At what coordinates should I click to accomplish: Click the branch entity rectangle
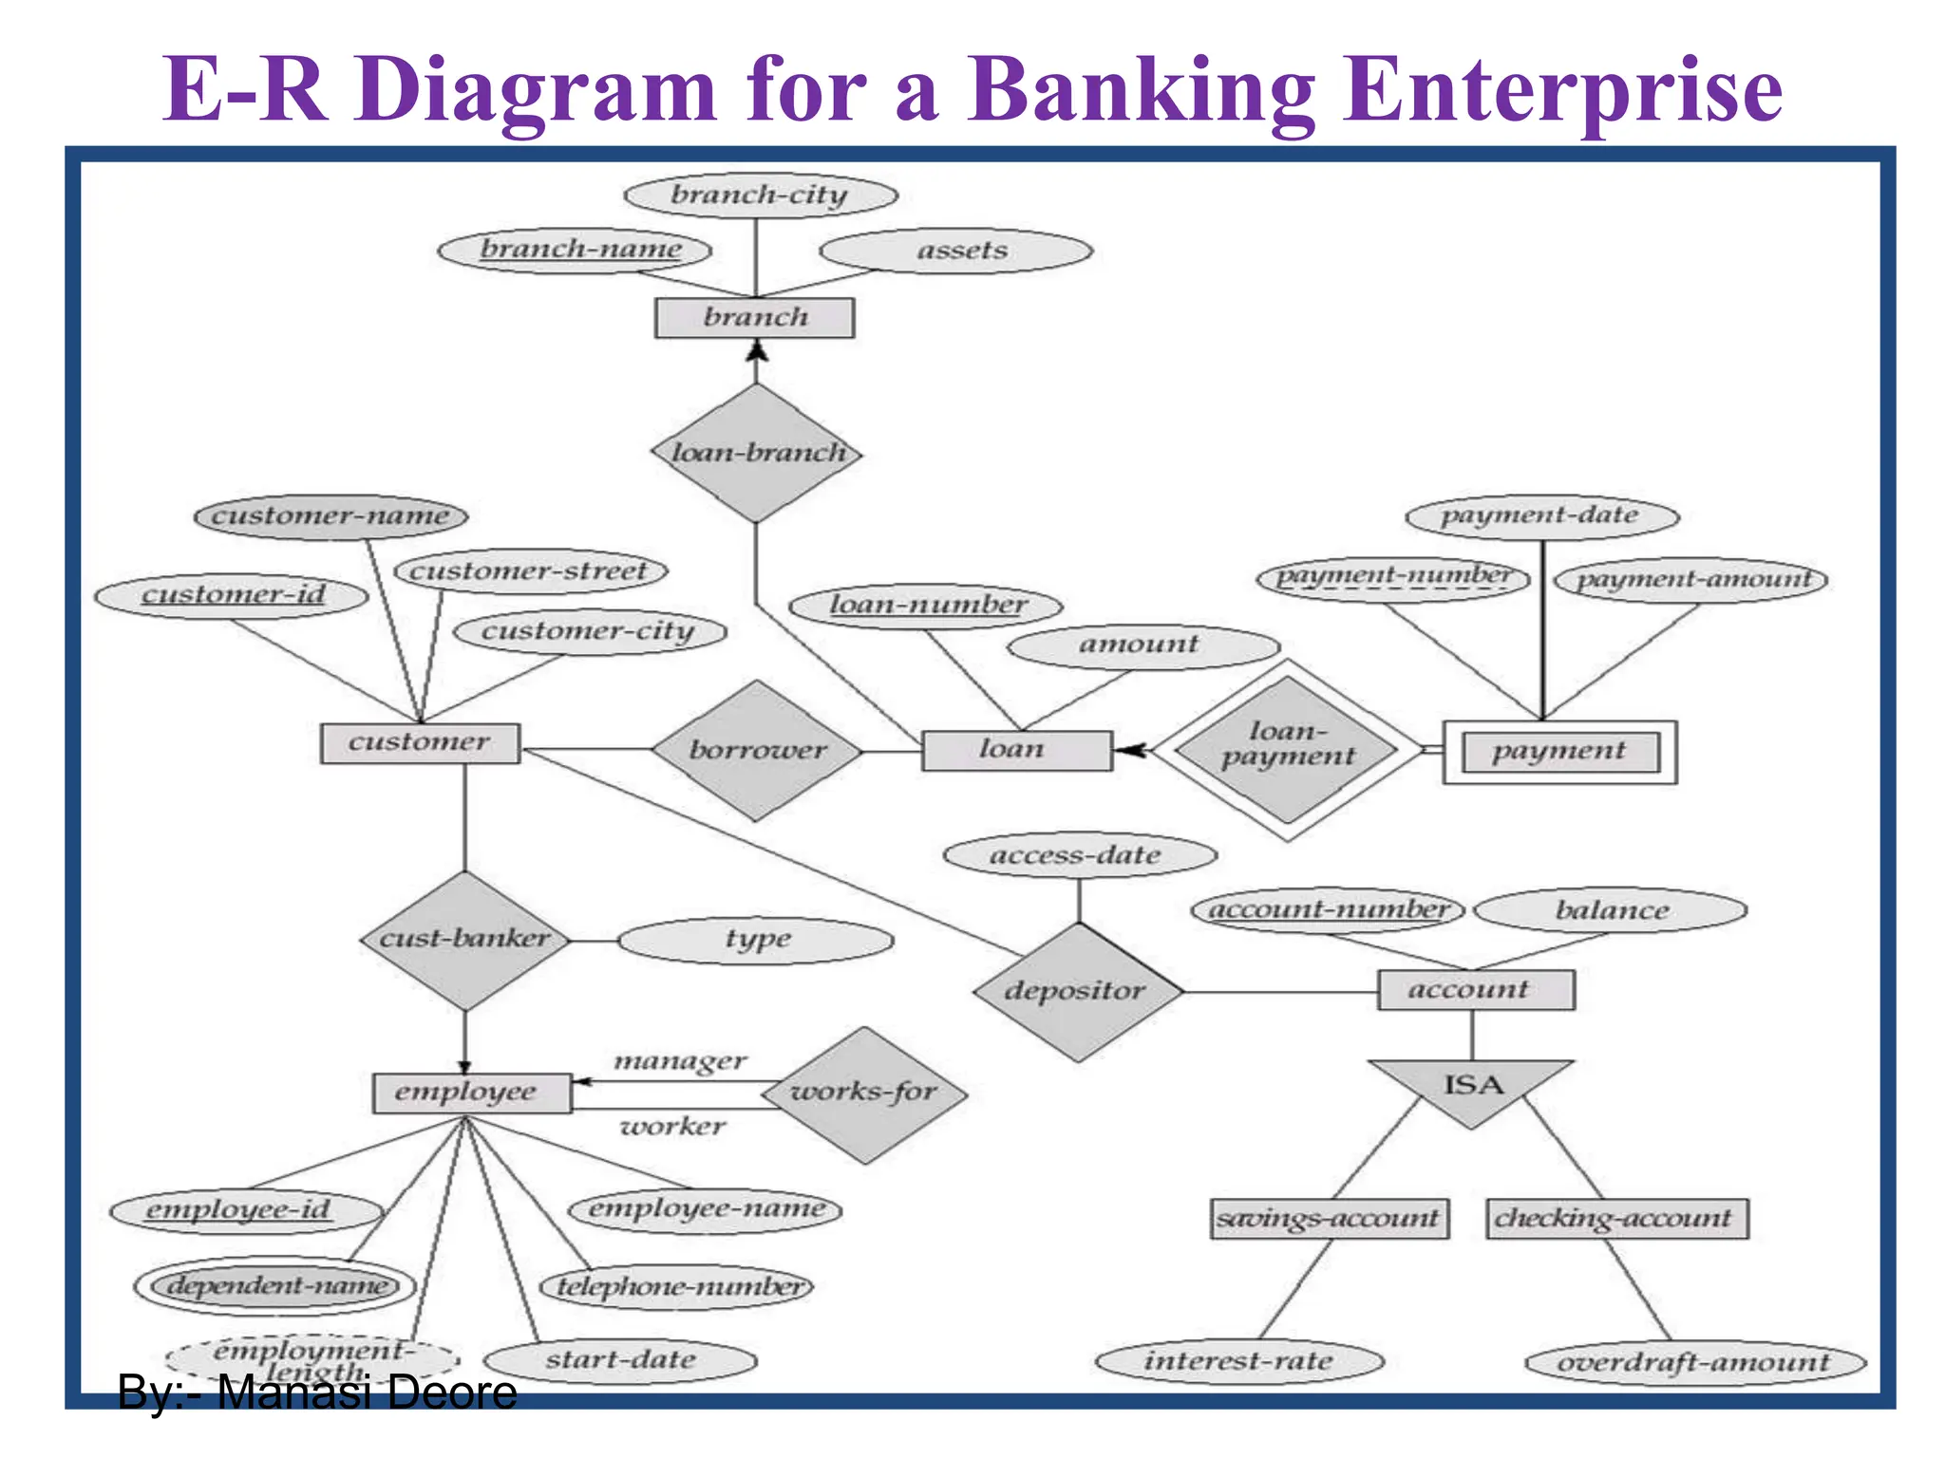(755, 317)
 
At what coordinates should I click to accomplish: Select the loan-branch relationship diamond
(757, 453)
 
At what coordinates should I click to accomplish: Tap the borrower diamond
(757, 750)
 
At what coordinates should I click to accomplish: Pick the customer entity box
(420, 742)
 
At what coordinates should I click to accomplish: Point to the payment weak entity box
(1559, 752)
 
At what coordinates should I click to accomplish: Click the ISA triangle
(1472, 1089)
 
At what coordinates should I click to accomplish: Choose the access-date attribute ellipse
(1079, 855)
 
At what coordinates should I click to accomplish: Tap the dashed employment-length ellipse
(312, 1358)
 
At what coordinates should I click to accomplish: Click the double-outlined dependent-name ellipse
(275, 1285)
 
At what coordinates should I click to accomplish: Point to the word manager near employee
(680, 1060)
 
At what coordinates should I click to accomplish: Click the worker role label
(672, 1127)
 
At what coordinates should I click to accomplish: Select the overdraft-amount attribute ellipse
(1694, 1363)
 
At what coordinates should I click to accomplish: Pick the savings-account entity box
(1330, 1218)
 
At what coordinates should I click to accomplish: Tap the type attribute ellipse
(756, 940)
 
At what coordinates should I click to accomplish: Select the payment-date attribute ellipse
(1541, 516)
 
